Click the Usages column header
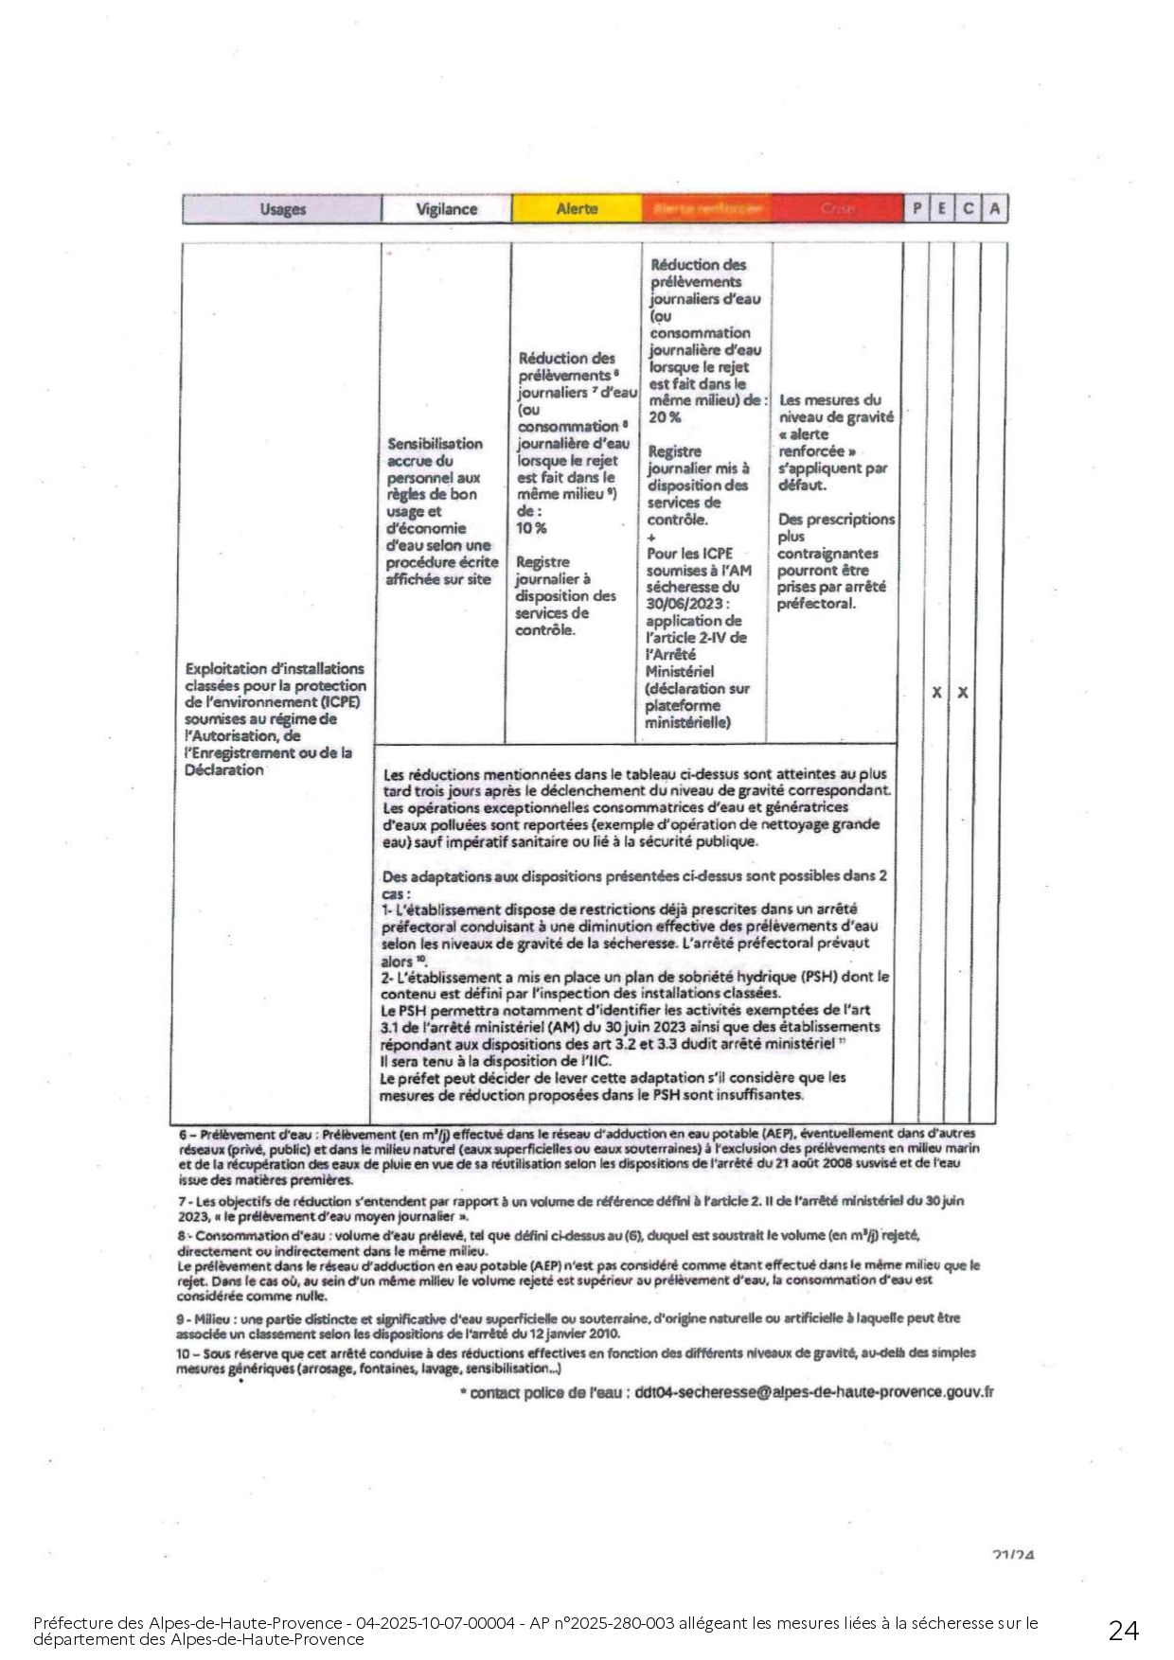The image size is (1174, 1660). pos(282,209)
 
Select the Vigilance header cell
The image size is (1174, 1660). pos(446,209)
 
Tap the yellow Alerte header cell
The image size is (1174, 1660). pos(577,208)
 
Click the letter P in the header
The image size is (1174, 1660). pos(916,208)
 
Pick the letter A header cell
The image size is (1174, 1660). pos(994,208)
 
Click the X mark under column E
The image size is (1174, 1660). pos(936,693)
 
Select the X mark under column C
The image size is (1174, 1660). pos(963,693)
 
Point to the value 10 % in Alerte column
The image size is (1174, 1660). pos(531,528)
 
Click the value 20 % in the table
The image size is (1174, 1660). pos(665,417)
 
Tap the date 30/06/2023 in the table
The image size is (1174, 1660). pos(685,604)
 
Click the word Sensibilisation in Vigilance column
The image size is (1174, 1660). pos(435,443)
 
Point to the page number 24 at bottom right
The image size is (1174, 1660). pos(1124,1630)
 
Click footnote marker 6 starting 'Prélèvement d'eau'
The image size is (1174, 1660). pos(183,1133)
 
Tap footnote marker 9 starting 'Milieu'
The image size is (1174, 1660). pos(180,1318)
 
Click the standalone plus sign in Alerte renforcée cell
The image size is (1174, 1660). pos(651,537)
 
